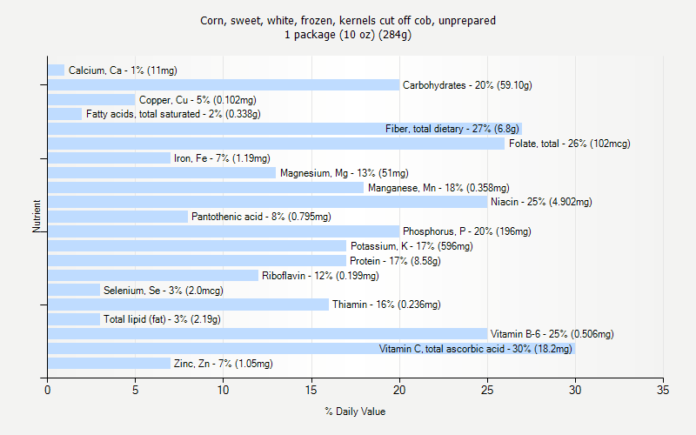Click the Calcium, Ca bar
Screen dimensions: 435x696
click(57, 70)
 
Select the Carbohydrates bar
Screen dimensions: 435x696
click(224, 85)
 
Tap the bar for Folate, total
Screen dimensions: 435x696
click(276, 144)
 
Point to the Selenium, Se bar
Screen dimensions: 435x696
click(74, 290)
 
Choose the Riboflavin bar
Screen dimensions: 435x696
click(153, 276)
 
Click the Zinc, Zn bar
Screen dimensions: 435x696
click(109, 364)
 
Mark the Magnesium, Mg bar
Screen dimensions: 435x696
click(162, 173)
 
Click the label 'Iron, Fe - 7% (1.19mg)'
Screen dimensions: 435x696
click(222, 158)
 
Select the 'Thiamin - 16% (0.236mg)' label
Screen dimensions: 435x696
click(386, 304)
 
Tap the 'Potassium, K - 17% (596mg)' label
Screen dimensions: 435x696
click(412, 246)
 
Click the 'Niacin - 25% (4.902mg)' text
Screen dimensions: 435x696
click(541, 202)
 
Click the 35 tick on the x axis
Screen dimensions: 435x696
click(664, 389)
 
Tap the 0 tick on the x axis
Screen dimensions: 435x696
click(48, 389)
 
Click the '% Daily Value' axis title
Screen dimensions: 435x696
click(355, 412)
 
